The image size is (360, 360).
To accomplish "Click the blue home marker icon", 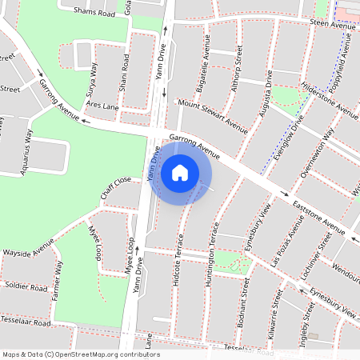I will pos(180,171).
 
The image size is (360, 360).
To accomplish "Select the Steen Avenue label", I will pos(331,26).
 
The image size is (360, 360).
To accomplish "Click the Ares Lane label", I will pos(102,105).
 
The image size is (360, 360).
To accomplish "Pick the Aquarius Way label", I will pos(29,146).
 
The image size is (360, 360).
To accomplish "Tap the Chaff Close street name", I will pos(115,190).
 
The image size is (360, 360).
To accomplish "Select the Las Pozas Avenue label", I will pos(286,242).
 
